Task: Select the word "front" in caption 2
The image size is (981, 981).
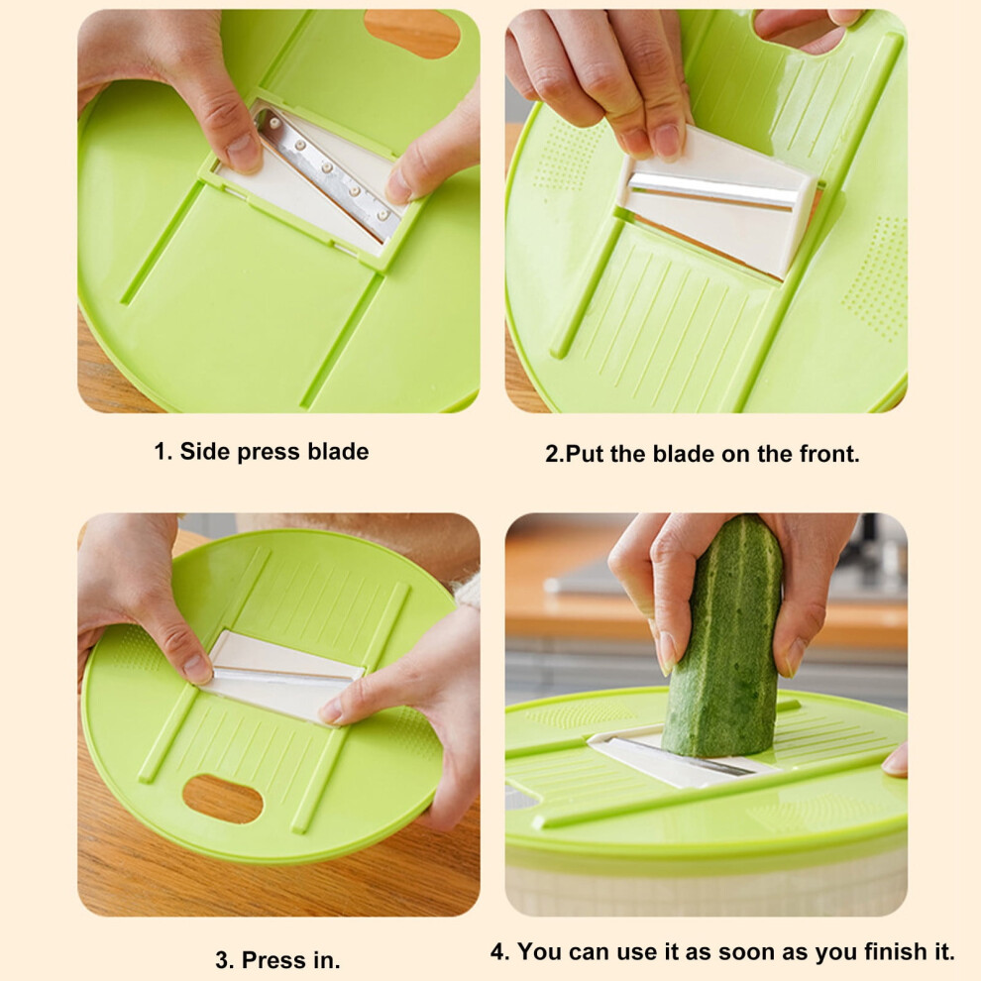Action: click(x=828, y=454)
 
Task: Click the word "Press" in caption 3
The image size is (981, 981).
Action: click(x=274, y=960)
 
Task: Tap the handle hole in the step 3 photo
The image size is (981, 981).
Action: click(x=222, y=799)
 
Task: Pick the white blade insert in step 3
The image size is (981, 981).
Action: click(x=281, y=676)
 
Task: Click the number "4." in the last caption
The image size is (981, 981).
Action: click(x=499, y=951)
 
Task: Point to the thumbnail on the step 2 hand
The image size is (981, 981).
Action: click(x=667, y=141)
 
